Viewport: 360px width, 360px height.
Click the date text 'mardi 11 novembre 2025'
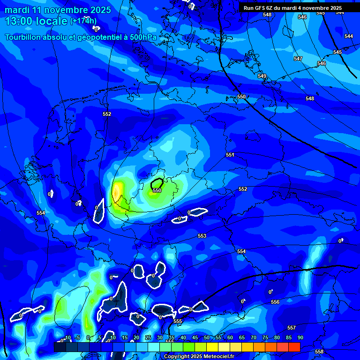click(x=58, y=10)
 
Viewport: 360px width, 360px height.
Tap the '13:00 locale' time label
click(x=37, y=21)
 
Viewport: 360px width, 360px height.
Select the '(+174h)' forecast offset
click(x=83, y=21)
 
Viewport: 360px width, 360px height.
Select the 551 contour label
click(x=230, y=155)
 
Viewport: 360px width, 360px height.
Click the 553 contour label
click(x=202, y=236)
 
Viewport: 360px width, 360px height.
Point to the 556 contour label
click(x=275, y=302)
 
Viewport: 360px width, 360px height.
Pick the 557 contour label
click(x=291, y=328)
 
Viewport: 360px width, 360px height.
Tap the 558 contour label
click(x=319, y=352)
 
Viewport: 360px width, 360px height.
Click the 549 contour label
click(x=262, y=76)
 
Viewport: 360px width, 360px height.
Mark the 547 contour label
click(x=298, y=59)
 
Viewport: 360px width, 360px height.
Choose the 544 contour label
click(x=349, y=36)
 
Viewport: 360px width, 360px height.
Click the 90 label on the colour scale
click(x=300, y=337)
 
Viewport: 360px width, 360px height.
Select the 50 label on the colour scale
click(x=207, y=337)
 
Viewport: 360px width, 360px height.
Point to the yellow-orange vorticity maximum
click(x=116, y=192)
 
